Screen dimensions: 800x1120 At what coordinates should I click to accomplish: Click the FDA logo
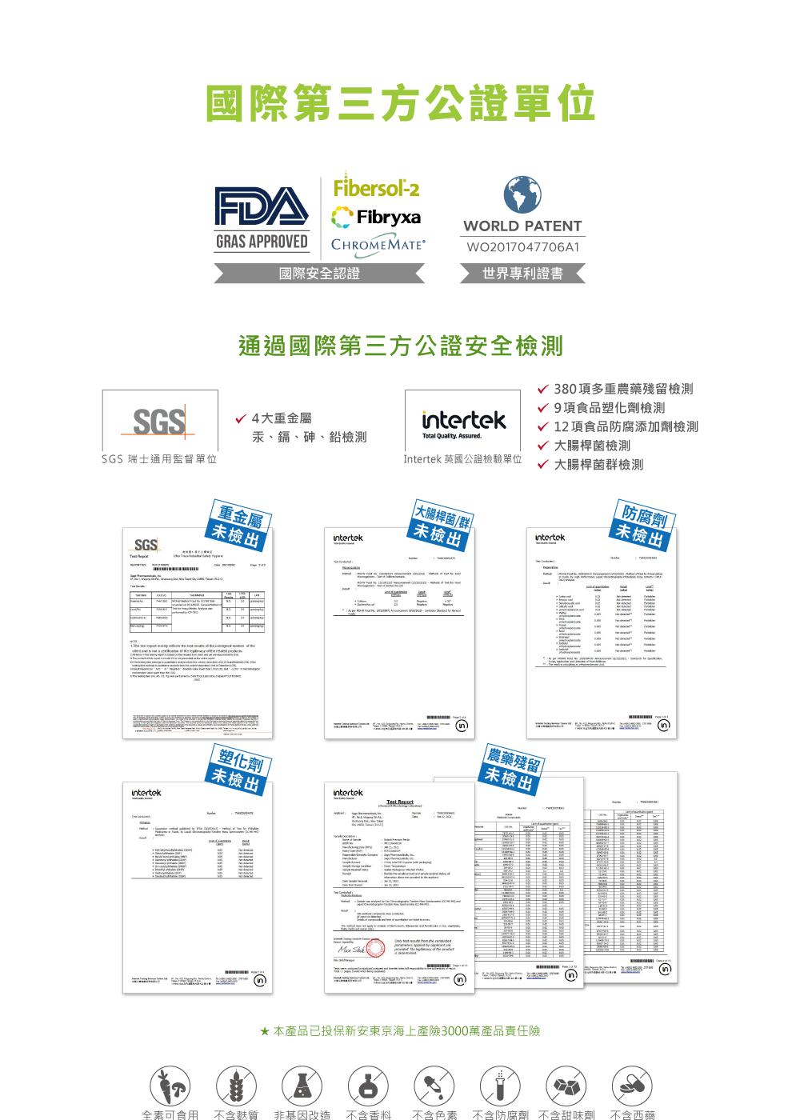click(261, 206)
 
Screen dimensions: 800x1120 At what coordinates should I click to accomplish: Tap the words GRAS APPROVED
click(262, 242)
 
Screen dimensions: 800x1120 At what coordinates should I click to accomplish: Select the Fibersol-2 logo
click(376, 187)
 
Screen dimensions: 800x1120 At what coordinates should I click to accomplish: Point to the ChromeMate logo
click(378, 245)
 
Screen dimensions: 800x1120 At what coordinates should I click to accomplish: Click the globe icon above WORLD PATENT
click(522, 196)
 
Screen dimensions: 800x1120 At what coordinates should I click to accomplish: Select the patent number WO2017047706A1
click(523, 247)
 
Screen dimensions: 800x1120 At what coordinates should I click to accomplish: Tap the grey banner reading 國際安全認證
click(319, 274)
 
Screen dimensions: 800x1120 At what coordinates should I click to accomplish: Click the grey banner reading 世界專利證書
click(522, 274)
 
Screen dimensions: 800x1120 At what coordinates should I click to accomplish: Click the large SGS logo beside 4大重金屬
click(159, 422)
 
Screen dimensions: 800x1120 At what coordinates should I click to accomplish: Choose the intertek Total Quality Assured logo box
click(463, 421)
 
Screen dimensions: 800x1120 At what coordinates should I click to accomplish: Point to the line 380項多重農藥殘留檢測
click(623, 389)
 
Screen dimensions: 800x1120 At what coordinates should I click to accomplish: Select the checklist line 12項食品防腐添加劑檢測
click(626, 426)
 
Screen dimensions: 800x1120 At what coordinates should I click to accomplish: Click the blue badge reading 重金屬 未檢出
click(239, 525)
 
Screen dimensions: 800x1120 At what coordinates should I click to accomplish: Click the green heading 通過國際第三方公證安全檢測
click(400, 346)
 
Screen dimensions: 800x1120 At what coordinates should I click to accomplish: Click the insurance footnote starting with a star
click(400, 1031)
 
